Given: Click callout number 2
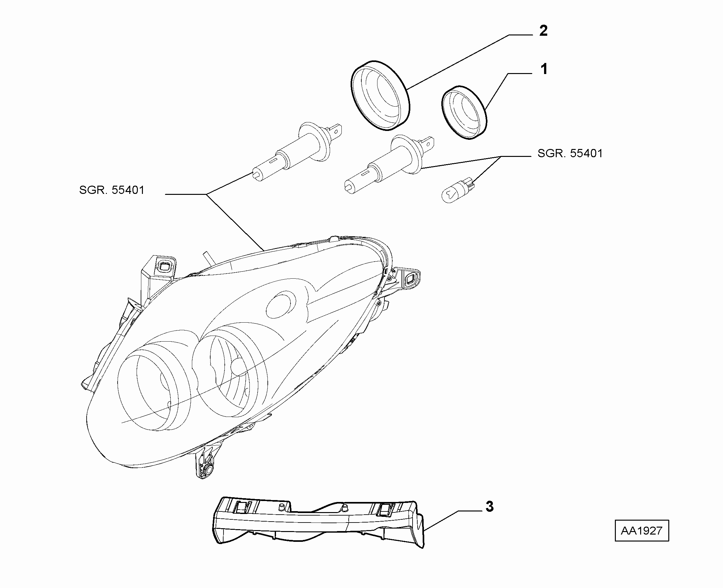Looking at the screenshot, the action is [x=543, y=31].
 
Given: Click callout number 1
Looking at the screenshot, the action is [x=544, y=69].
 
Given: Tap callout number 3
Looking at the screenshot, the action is [x=489, y=507].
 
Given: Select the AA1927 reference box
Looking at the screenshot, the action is [x=642, y=530].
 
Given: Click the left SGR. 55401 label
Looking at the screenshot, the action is [x=112, y=190].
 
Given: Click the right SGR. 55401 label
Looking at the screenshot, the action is [x=570, y=153].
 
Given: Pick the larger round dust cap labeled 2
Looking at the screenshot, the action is [x=380, y=96].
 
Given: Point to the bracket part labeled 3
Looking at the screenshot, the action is [x=318, y=522].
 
